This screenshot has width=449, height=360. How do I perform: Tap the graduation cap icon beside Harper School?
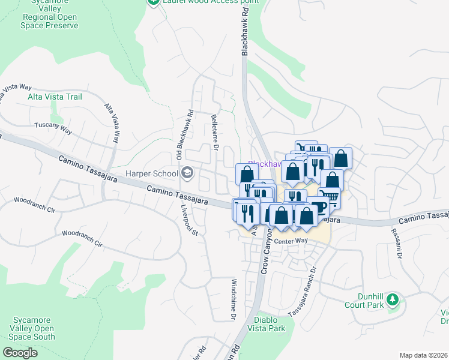[x=187, y=174]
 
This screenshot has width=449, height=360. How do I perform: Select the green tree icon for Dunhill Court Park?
[x=393, y=298]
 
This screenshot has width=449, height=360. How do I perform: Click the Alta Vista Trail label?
[x=55, y=97]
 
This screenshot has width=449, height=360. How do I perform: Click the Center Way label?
[x=293, y=241]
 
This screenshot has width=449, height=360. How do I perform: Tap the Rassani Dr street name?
[x=397, y=243]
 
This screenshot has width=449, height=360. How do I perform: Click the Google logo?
[x=20, y=353]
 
